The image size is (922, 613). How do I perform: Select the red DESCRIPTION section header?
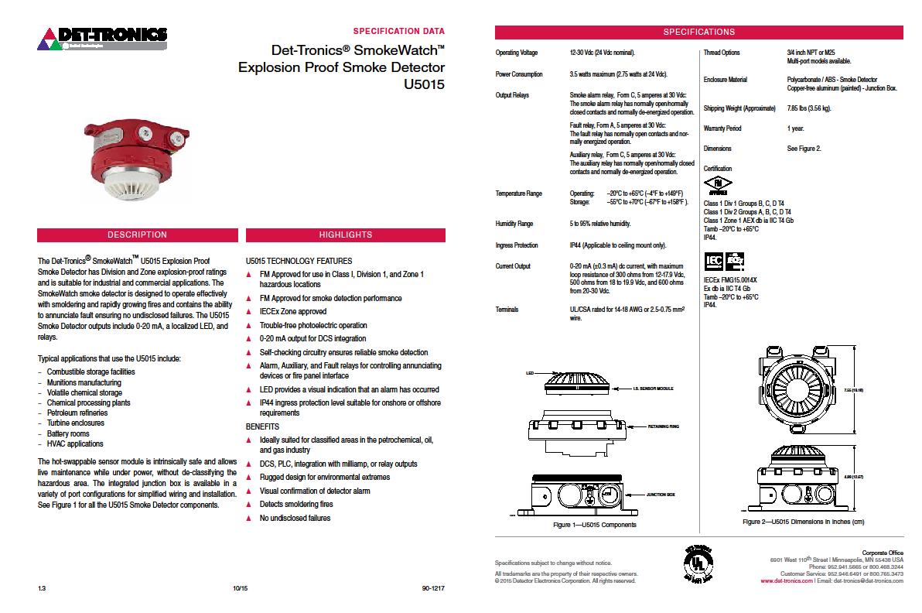[137, 235]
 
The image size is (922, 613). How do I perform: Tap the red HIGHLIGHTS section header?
[345, 235]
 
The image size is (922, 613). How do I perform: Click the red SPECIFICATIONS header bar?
[699, 33]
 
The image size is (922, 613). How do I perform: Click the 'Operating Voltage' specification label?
[517, 53]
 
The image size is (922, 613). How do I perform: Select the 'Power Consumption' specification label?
[519, 74]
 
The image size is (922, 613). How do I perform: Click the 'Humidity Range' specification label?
[514, 224]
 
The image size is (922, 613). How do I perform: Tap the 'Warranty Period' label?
[722, 128]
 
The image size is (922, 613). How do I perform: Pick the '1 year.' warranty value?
[795, 128]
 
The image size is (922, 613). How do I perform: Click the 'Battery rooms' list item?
[68, 434]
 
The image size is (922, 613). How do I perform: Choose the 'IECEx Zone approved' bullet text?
[293, 312]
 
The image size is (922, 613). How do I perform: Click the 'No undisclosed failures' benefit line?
[295, 518]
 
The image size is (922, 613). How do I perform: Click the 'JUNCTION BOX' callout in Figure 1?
[661, 494]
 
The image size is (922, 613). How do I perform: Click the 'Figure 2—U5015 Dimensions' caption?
[803, 522]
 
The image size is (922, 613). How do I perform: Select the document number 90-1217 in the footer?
[433, 589]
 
